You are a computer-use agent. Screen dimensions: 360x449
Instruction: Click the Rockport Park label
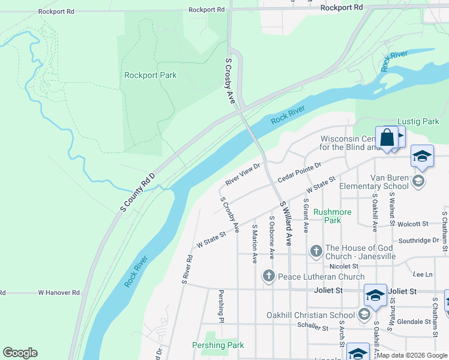[150, 75]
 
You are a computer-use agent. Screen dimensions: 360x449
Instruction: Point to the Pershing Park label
[218, 345]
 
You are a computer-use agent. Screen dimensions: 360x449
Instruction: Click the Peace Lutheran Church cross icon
[268, 277]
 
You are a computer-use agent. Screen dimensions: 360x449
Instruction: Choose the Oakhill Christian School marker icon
[364, 315]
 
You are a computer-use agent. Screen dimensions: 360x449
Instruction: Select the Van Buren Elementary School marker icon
[419, 180]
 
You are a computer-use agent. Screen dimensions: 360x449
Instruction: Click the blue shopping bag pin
[387, 137]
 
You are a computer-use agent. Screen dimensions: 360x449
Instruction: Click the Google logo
[20, 353]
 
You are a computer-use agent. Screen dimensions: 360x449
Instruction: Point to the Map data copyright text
[411, 355]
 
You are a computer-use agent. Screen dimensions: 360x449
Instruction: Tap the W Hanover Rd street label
[59, 293]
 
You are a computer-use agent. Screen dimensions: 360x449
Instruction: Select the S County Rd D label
[137, 193]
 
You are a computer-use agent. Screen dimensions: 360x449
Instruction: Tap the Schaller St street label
[313, 328]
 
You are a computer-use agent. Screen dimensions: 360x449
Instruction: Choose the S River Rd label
[187, 269]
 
